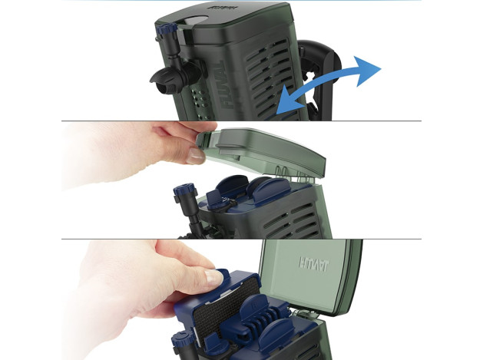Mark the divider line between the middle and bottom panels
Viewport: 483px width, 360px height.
pyautogui.click(x=241, y=238)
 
